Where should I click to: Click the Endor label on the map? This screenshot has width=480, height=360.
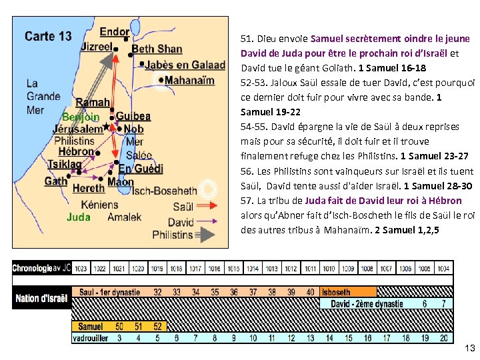pyautogui.click(x=114, y=31)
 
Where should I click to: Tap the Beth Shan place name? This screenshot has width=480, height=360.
pyautogui.click(x=157, y=49)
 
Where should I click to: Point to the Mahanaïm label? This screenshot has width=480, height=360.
pyautogui.click(x=190, y=80)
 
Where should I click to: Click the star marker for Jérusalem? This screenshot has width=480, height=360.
pyautogui.click(x=107, y=126)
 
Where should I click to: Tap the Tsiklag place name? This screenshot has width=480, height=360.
pyautogui.click(x=65, y=165)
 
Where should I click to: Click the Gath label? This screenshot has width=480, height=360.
pyautogui.click(x=56, y=181)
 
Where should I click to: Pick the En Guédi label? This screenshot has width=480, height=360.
pyautogui.click(x=141, y=169)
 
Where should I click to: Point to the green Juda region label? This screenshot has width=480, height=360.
pyautogui.click(x=78, y=217)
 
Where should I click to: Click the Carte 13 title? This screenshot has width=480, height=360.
pyautogui.click(x=47, y=36)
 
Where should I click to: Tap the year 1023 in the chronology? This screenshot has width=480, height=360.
pyautogui.click(x=81, y=269)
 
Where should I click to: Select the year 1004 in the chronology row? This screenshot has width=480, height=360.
pyautogui.click(x=443, y=269)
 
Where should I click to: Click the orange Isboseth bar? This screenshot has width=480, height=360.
pyautogui.click(x=348, y=292)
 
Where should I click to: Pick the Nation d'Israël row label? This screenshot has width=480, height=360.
pyautogui.click(x=41, y=297)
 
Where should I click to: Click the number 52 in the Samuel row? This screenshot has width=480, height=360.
pyautogui.click(x=157, y=327)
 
